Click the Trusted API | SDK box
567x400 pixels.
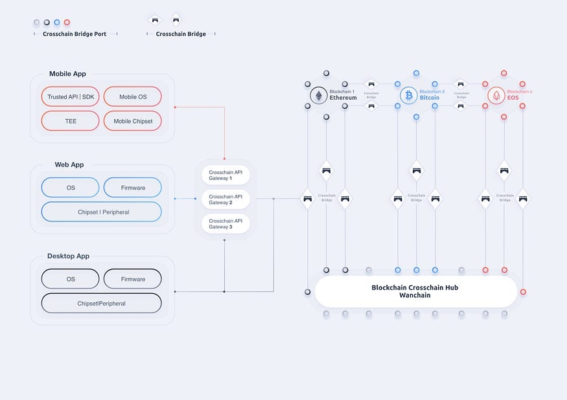tap(70, 96)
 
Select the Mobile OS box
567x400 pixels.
tap(133, 96)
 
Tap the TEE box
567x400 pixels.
tap(70, 121)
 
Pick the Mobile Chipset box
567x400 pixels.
tap(133, 121)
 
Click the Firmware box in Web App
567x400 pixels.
tap(133, 188)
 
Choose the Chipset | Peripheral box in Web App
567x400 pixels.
tap(101, 212)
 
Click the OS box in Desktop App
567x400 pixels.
tap(70, 279)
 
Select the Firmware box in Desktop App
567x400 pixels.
tap(133, 279)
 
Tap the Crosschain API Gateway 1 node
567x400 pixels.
tap(225, 175)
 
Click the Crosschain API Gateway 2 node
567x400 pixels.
tap(225, 199)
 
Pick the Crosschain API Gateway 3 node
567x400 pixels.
tap(225, 223)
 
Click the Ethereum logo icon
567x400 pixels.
tap(318, 96)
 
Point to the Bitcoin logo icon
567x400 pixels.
tap(408, 96)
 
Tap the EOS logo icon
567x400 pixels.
tap(496, 96)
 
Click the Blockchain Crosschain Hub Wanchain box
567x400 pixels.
tap(415, 291)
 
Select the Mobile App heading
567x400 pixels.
tap(67, 74)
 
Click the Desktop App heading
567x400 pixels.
tap(68, 256)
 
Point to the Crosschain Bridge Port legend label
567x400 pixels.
tap(75, 34)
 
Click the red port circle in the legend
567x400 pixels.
tap(67, 23)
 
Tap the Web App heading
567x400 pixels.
tap(69, 165)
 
